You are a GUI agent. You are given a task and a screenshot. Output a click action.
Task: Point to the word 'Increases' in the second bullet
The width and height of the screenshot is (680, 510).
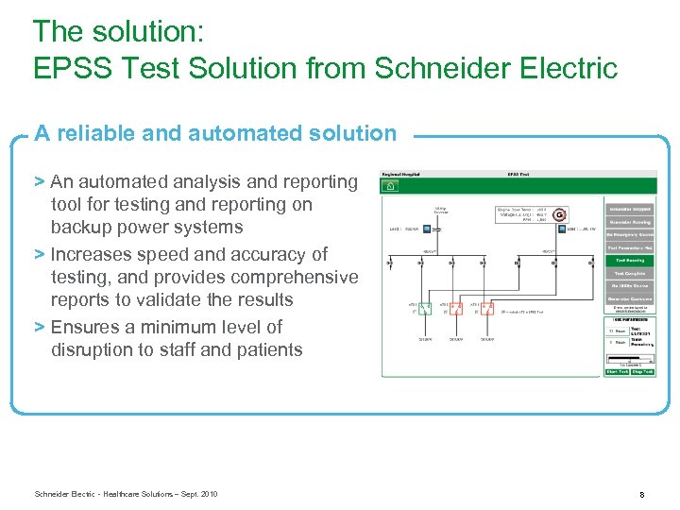[93, 254]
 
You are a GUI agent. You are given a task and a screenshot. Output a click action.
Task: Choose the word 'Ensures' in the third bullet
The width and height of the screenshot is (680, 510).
[86, 327]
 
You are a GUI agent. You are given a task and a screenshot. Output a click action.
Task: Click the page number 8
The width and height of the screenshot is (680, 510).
[641, 494]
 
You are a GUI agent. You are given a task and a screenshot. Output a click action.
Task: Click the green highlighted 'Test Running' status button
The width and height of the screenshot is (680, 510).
[630, 260]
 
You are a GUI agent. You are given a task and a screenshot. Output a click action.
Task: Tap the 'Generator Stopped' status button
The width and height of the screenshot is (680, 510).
[630, 209]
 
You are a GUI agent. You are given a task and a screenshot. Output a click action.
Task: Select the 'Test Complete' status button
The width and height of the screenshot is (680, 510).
[630, 273]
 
